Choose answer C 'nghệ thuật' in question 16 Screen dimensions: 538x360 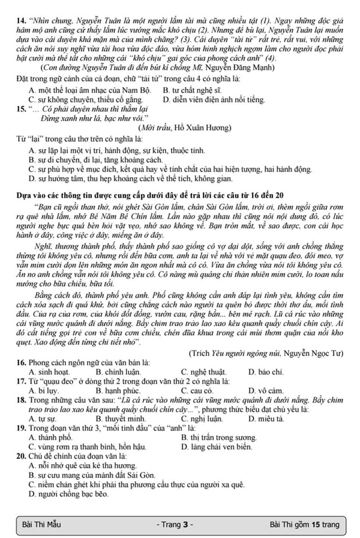point(194,372)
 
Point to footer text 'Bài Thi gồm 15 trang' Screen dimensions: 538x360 point(304,524)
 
